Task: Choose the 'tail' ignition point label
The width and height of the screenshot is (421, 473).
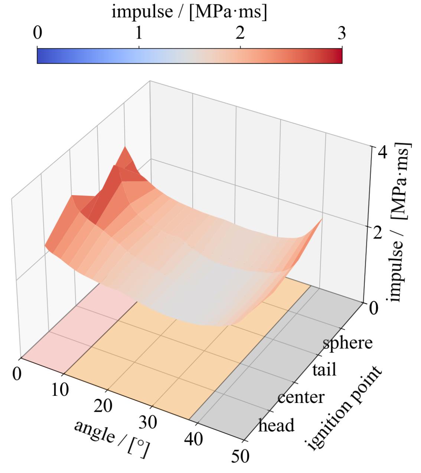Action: point(324,370)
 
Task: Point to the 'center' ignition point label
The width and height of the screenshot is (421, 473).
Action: point(301,397)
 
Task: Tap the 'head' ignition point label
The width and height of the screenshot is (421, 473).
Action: point(276,426)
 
